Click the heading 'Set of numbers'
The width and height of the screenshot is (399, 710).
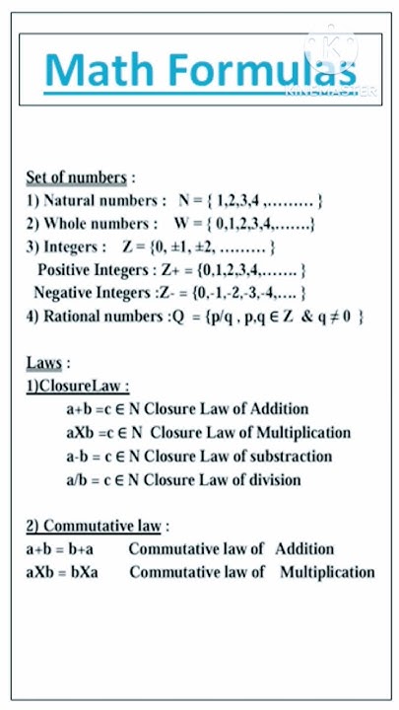tap(77, 177)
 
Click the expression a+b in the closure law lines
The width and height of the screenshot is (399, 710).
tap(80, 409)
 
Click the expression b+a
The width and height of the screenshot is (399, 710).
tap(91, 549)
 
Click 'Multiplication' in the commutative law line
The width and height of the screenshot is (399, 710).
tap(327, 572)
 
